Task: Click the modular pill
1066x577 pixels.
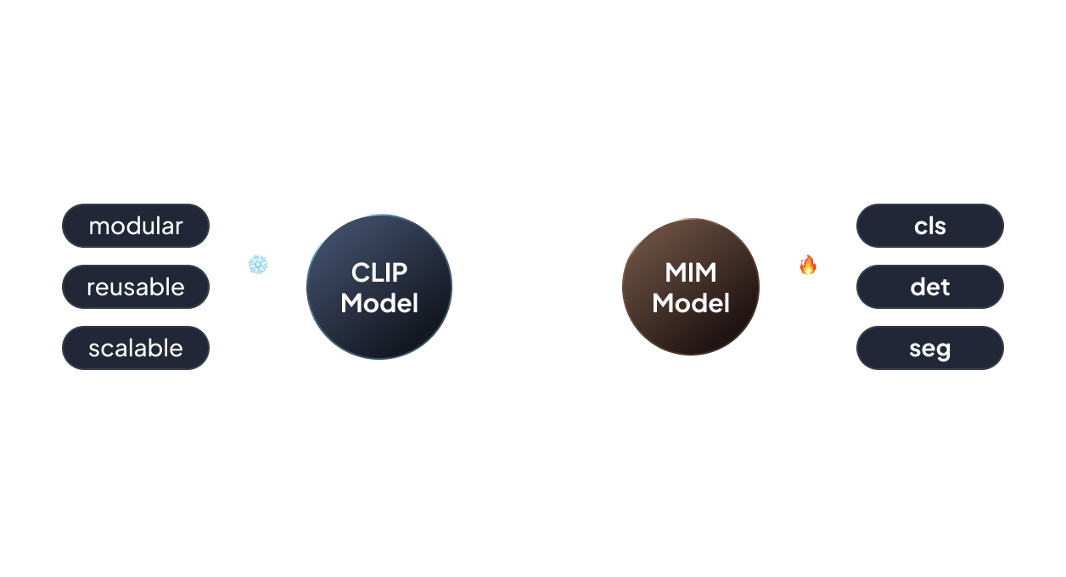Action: pos(136,226)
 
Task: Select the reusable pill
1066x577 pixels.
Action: pos(136,287)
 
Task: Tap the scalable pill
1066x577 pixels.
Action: pos(136,348)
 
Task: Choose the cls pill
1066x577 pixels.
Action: pos(930,226)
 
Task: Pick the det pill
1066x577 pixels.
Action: pos(930,287)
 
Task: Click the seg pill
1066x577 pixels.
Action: pos(930,348)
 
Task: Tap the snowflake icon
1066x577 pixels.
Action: pos(258,265)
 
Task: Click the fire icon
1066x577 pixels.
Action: pos(808,266)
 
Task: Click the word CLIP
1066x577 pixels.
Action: pos(379,272)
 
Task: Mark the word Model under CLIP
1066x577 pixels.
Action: pos(379,303)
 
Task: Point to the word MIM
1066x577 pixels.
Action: pos(691,272)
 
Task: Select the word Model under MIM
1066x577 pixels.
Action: pos(691,303)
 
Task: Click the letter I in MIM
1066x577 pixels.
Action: pos(691,272)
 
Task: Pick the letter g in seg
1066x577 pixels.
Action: pos(942,350)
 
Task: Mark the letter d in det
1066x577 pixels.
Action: pos(917,287)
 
